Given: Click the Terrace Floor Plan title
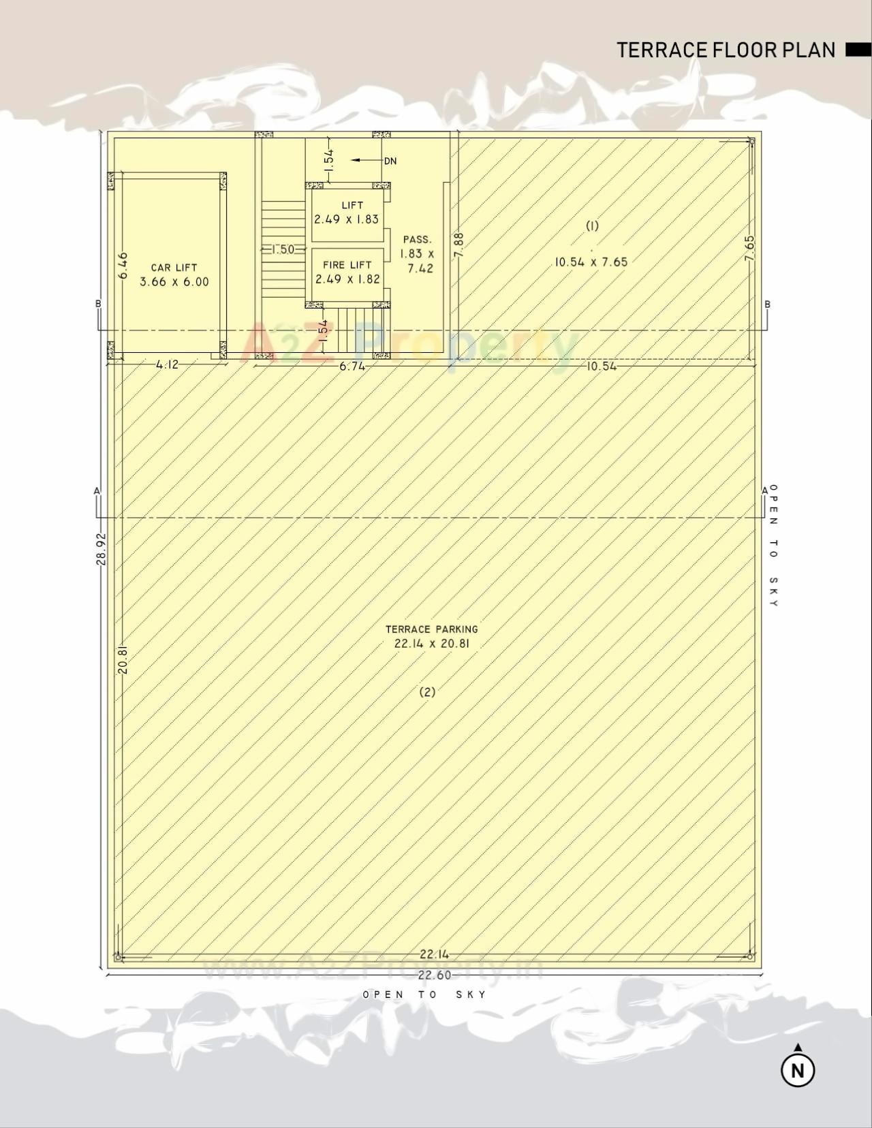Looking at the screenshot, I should pyautogui.click(x=726, y=50).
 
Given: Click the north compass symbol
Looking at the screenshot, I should pyautogui.click(x=798, y=1069).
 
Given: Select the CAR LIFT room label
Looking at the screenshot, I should pyautogui.click(x=174, y=268).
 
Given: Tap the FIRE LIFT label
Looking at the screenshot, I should pyautogui.click(x=347, y=265).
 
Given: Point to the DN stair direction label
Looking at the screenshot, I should pyautogui.click(x=390, y=161).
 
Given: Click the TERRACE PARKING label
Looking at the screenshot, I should pyautogui.click(x=432, y=629).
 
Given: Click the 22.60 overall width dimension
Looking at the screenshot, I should pyautogui.click(x=435, y=975).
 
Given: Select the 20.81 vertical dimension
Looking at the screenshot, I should pyautogui.click(x=123, y=660).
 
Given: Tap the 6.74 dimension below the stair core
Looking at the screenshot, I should pyautogui.click(x=352, y=366).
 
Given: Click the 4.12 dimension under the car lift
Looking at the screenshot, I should pyautogui.click(x=167, y=364).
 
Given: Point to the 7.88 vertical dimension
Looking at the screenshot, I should pyautogui.click(x=458, y=245).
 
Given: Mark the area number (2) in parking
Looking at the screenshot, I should pyautogui.click(x=427, y=692).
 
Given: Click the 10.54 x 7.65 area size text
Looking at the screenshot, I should pyautogui.click(x=591, y=262).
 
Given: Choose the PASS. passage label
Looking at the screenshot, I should pyautogui.click(x=417, y=240).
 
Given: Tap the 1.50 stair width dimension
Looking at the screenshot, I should pyautogui.click(x=283, y=249).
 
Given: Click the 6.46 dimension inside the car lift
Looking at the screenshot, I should pyautogui.click(x=123, y=266).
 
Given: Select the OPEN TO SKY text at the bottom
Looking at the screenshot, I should pyautogui.click(x=425, y=994).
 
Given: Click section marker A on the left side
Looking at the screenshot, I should pyautogui.click(x=97, y=490).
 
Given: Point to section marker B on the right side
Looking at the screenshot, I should pyautogui.click(x=768, y=304).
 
